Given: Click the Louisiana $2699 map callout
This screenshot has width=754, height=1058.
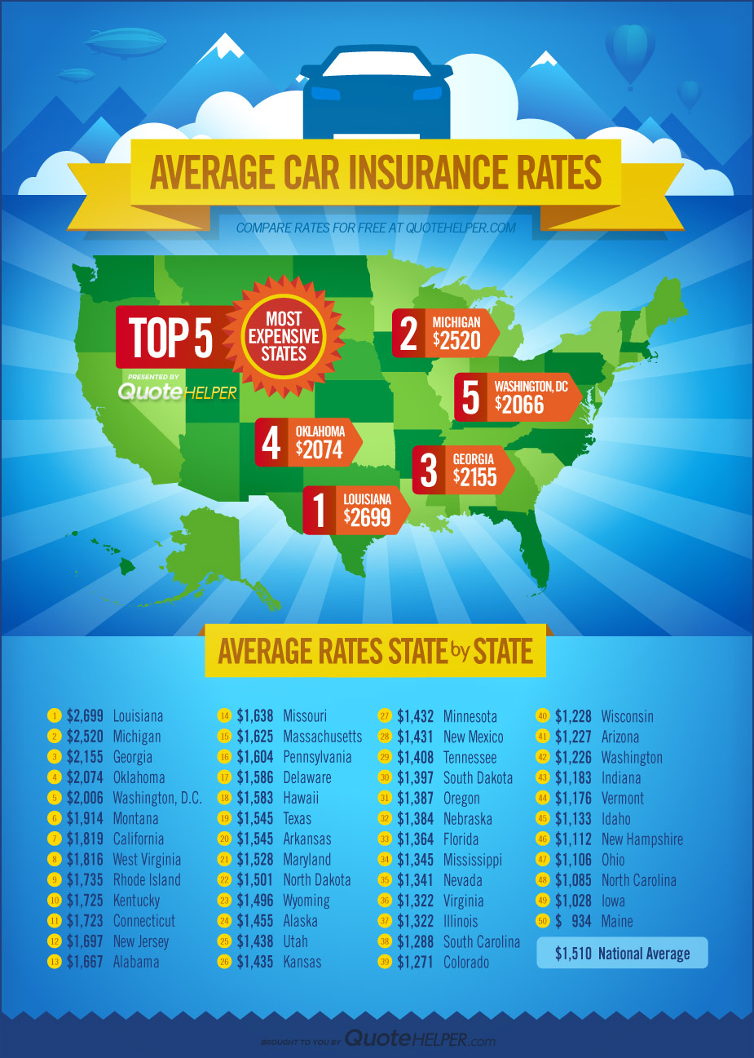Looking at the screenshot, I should pyautogui.click(x=355, y=510).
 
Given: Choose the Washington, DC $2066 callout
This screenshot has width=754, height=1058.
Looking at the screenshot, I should pyautogui.click(x=518, y=396).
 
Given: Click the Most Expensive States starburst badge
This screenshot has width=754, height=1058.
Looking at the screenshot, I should pyautogui.click(x=284, y=336).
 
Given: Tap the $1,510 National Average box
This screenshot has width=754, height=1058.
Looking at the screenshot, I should pyautogui.click(x=622, y=954).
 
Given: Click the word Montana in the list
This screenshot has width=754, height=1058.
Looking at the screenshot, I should pyautogui.click(x=135, y=818).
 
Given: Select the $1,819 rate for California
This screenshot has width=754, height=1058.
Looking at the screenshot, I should pyautogui.click(x=85, y=839).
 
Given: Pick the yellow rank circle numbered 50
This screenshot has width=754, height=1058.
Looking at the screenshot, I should pyautogui.click(x=541, y=921).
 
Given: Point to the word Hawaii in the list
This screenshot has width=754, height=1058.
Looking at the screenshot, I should pyautogui.click(x=301, y=798).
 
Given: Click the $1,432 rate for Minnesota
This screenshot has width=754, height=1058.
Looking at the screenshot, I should pyautogui.click(x=415, y=716).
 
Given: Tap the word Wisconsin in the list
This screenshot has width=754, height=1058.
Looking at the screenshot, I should pyautogui.click(x=627, y=716).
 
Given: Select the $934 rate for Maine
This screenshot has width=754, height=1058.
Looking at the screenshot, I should pyautogui.click(x=573, y=921).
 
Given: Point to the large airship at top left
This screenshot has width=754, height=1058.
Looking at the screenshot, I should pyautogui.click(x=126, y=41).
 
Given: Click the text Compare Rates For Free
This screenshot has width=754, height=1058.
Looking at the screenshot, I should pyautogui.click(x=311, y=228).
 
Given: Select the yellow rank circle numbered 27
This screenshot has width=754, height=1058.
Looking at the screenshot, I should pyautogui.click(x=385, y=716).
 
